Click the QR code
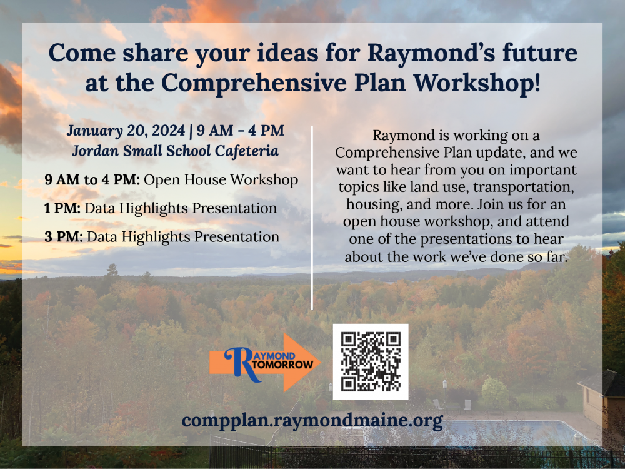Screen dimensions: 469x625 tap(370, 361)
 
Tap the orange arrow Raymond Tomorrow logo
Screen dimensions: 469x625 tap(266, 363)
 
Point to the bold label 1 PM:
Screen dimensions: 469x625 tap(62, 208)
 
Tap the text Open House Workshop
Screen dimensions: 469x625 tap(221, 180)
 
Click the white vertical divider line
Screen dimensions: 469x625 tap(312, 219)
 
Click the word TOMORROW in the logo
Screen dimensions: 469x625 tap(285, 365)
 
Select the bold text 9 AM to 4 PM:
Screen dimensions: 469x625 tap(92, 180)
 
